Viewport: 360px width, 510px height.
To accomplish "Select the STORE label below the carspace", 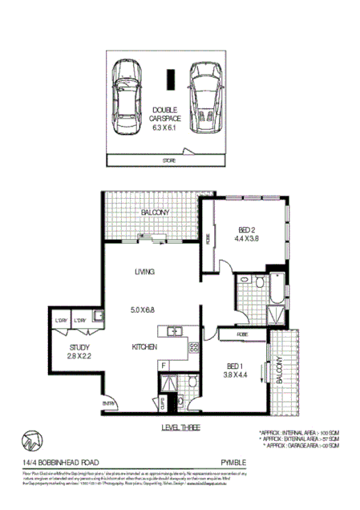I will [x=168, y=161].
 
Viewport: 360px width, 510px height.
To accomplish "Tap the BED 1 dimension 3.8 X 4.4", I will [x=238, y=373].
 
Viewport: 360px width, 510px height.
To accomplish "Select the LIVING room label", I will [x=144, y=273].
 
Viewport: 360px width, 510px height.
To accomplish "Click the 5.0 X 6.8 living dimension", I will [x=144, y=307].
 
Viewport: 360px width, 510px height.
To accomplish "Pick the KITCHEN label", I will [x=144, y=347].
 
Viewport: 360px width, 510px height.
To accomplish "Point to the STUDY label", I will [x=78, y=347].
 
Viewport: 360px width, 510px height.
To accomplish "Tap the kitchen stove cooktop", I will [x=193, y=348].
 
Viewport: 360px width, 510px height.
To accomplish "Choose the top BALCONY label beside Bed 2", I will [x=154, y=212].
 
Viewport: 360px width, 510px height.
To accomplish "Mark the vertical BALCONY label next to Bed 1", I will [x=280, y=369].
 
